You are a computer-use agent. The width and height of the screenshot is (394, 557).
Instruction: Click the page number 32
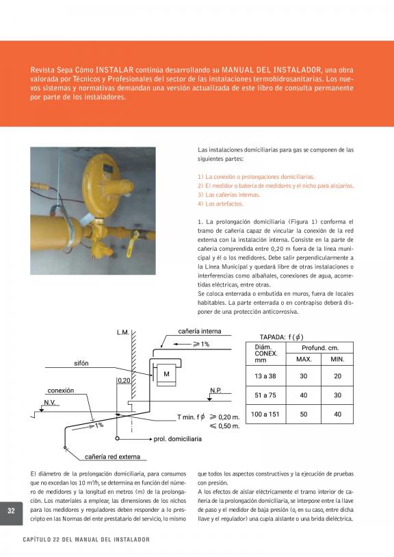[x=11, y=511]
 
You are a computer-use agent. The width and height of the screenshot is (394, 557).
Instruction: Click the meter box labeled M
[x=166, y=374]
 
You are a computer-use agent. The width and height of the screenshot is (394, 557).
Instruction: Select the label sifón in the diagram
[x=81, y=363]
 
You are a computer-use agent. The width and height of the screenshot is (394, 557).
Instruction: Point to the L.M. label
[x=123, y=332]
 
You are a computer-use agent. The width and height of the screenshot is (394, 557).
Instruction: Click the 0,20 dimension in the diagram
[x=124, y=380]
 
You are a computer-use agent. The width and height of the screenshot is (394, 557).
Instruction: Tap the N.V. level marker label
[x=50, y=402]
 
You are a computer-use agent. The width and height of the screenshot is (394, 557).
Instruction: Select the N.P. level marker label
[x=215, y=391]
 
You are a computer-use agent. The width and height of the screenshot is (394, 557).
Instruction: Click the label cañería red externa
[x=112, y=457]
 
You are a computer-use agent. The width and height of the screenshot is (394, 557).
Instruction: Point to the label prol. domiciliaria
[x=177, y=439]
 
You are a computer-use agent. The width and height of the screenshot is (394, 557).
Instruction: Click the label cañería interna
[x=199, y=331]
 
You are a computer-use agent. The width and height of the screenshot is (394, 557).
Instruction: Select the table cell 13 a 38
[x=265, y=376]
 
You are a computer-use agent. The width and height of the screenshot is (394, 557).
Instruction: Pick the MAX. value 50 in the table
[x=304, y=414]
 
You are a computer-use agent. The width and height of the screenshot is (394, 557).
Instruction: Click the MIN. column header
[x=337, y=360]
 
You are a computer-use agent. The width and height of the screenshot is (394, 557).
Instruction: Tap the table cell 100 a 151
[x=265, y=414]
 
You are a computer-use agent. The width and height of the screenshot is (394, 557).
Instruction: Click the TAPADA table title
[x=282, y=337]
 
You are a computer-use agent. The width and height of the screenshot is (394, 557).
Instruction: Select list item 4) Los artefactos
[x=220, y=204]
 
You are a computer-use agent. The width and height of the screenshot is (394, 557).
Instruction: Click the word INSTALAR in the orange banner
[x=114, y=70]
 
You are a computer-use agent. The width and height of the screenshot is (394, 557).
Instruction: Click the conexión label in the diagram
[x=61, y=391]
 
